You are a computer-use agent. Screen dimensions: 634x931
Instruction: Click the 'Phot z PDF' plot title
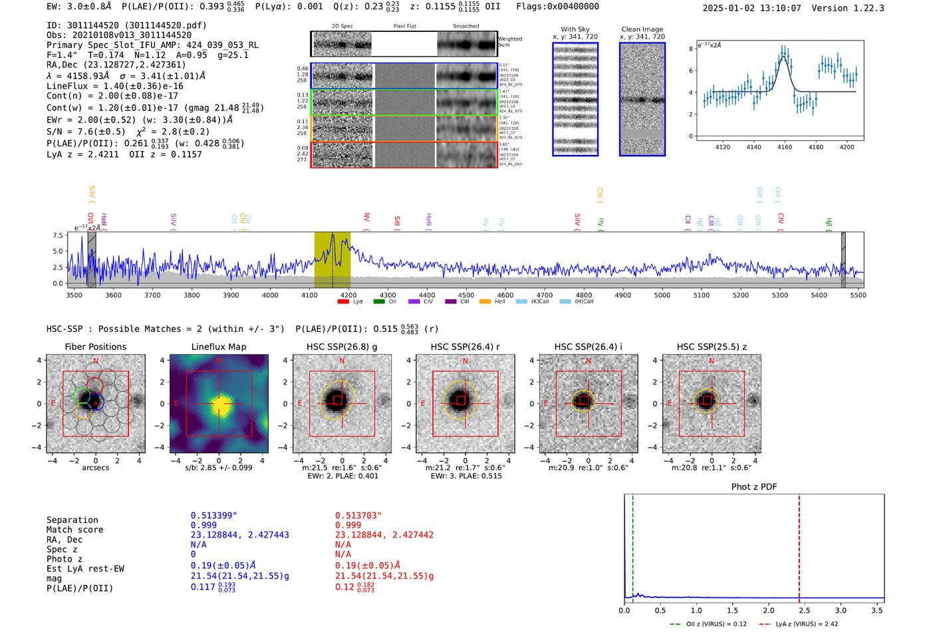pos(754,487)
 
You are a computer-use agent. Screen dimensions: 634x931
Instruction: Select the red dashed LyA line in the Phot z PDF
pos(799,546)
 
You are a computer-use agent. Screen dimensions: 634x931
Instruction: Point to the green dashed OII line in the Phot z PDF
pos(632,546)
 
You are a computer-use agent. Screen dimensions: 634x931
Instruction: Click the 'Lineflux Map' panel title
pos(218,347)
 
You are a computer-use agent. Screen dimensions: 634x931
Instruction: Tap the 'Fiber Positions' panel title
pos(95,347)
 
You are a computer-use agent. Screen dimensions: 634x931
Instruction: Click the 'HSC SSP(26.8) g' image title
pos(342,347)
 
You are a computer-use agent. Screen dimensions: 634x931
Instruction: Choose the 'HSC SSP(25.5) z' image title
pos(712,347)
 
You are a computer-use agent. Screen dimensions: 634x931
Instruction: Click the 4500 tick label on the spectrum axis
pos(466,295)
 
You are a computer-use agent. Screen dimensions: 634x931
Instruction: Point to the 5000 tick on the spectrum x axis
pos(662,295)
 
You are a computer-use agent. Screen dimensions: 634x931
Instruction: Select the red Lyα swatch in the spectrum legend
pos(343,302)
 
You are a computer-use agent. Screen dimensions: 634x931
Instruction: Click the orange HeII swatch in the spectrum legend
pos(485,302)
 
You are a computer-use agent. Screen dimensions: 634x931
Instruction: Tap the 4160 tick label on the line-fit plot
pos(785,147)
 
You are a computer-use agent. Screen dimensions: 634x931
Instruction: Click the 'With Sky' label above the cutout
pos(575,29)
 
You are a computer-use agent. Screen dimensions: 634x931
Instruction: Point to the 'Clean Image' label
pos(642,29)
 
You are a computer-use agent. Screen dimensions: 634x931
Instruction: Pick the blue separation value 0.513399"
pos(213,516)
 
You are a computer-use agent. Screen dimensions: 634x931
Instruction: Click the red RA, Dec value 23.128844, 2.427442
pos(384,535)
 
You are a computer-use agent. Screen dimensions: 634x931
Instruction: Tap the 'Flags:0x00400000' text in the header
pos(557,7)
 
